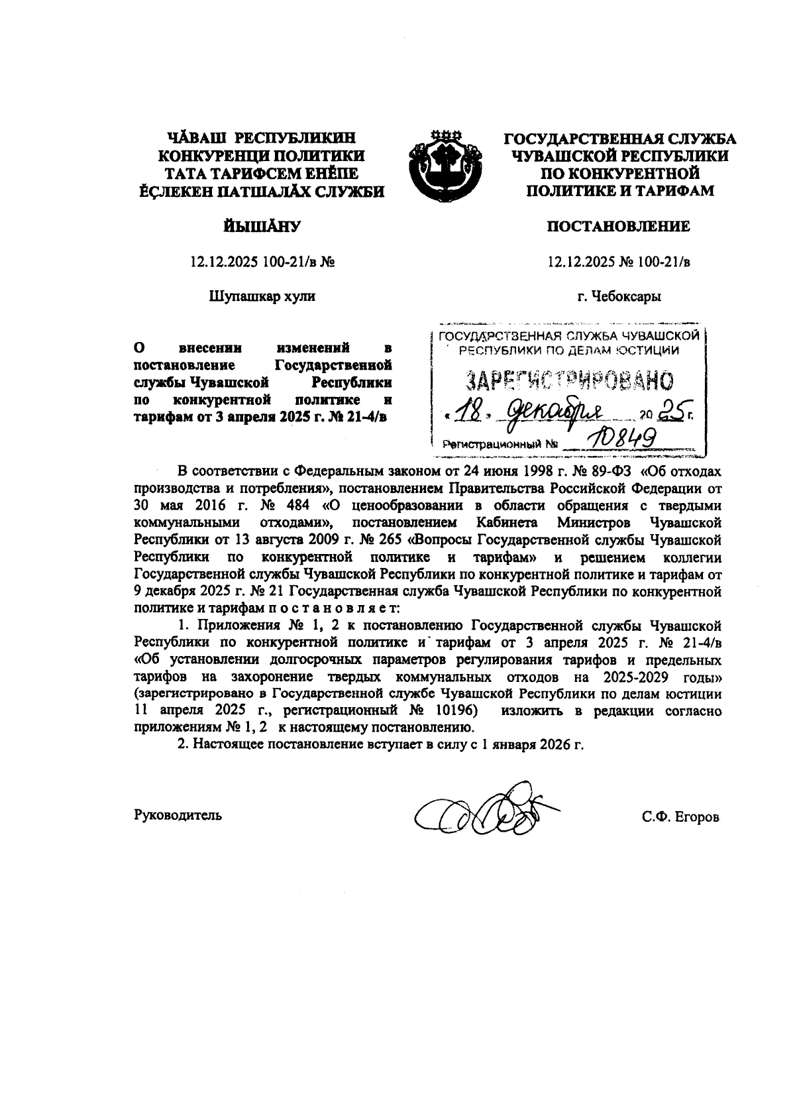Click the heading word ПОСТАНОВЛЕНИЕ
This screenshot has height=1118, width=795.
(618, 227)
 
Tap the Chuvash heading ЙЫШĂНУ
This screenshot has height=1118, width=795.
(262, 227)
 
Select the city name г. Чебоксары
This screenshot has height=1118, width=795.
(619, 296)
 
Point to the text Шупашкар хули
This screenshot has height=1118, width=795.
(262, 296)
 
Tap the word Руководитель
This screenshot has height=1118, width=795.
(178, 814)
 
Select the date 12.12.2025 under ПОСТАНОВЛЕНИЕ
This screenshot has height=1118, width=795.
(579, 262)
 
